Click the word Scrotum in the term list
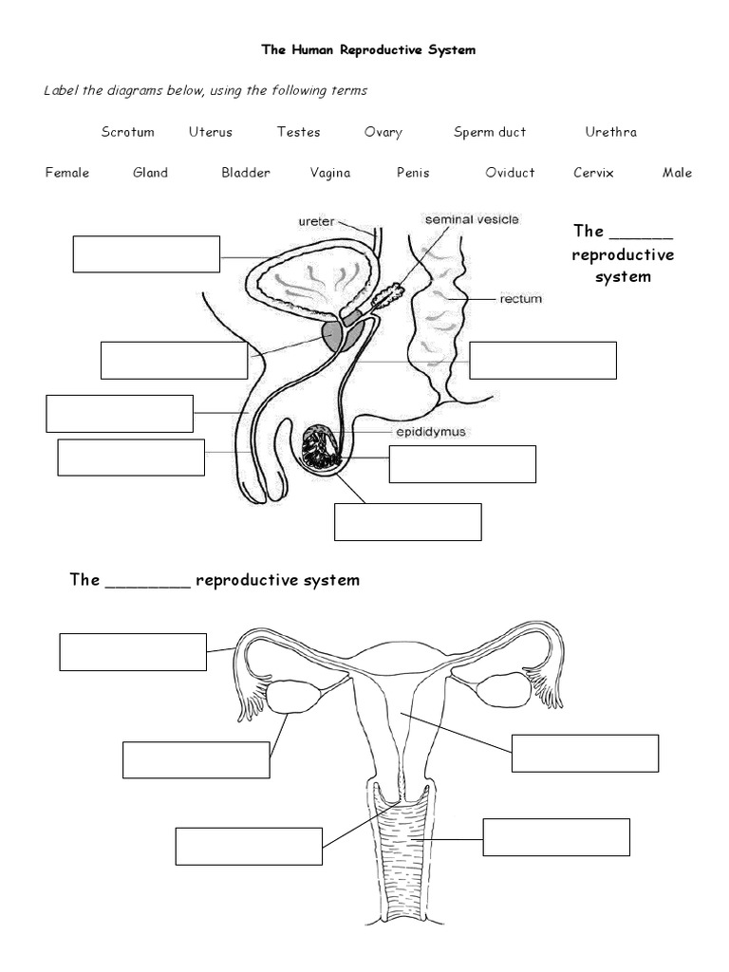[127, 132]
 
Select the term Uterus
[210, 132]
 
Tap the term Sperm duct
[489, 132]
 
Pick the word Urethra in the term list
[610, 132]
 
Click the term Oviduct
[510, 173]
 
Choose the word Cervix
[593, 173]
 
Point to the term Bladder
[246, 173]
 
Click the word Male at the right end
[677, 173]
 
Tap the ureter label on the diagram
[316, 220]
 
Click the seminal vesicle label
[472, 219]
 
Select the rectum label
[520, 299]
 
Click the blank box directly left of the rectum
[543, 361]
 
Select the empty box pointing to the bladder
[146, 254]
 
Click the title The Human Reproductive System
[369, 50]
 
